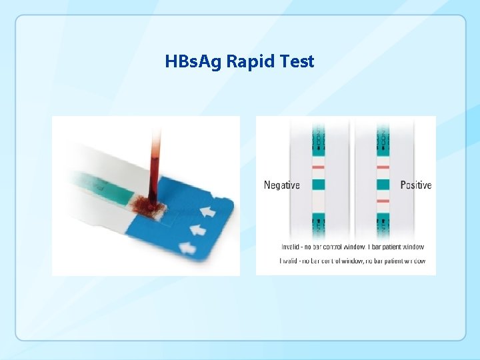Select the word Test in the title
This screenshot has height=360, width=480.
(297, 62)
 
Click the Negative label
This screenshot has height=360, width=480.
(281, 185)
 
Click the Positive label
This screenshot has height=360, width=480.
(416, 185)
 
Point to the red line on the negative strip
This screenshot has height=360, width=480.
(318, 167)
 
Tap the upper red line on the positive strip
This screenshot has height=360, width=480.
(383, 167)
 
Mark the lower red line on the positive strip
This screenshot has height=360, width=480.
(383, 200)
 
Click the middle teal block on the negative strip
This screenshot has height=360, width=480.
(318, 183)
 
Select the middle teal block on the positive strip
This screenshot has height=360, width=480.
(383, 183)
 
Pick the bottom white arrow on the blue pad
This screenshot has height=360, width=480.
(187, 248)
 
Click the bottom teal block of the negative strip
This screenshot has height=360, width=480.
(318, 220)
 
